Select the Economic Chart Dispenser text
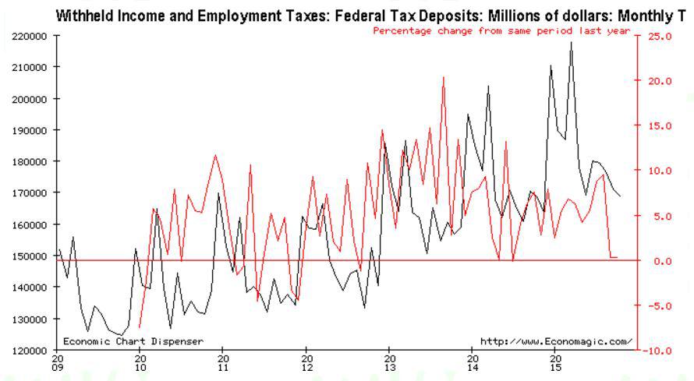pos(133,341)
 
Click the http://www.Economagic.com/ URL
pos(557,341)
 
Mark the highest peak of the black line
pos(572,42)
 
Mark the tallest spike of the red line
pos(444,77)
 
